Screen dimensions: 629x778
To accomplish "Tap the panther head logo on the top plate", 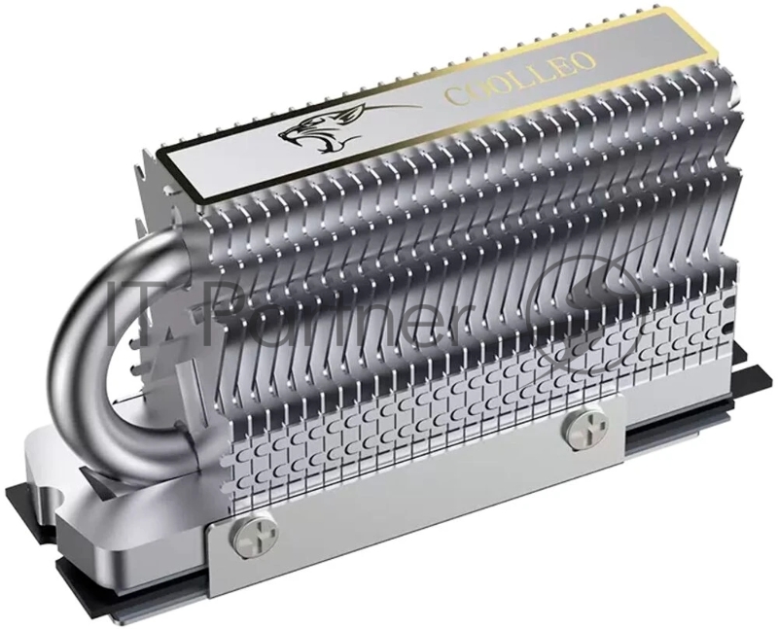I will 313,131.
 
